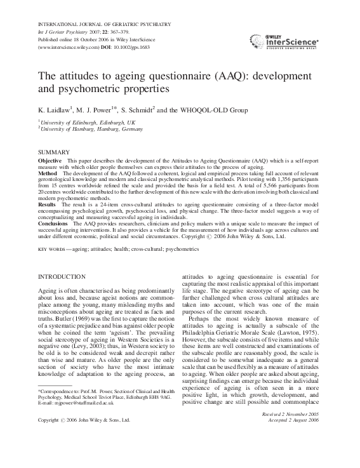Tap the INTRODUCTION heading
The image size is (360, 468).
[x=66, y=277]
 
